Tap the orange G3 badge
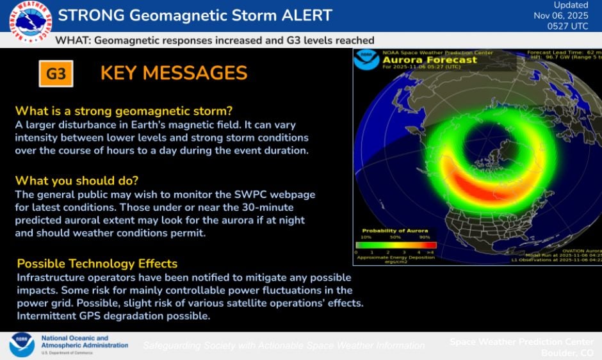pyautogui.click(x=56, y=74)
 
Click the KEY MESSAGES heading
pyautogui.click(x=174, y=73)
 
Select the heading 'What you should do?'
pyautogui.click(x=76, y=180)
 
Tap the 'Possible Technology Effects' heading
pyautogui.click(x=97, y=263)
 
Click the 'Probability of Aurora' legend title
pyautogui.click(x=392, y=231)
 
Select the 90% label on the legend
pyautogui.click(x=423, y=237)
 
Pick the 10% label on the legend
pyautogui.click(x=366, y=237)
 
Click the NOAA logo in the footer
pyautogui.click(x=22, y=345)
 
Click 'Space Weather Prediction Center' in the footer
pyautogui.click(x=521, y=341)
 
